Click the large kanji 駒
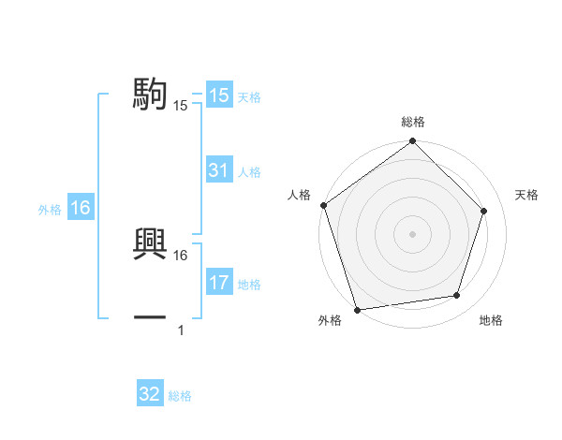(150, 94)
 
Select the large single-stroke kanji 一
(150, 317)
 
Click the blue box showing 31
(219, 170)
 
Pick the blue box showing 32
(150, 395)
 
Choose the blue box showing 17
(219, 283)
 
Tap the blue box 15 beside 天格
(219, 95)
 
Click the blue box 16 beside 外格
(81, 209)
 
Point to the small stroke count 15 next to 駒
(181, 106)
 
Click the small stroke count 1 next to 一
(181, 330)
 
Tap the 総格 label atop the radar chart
(413, 123)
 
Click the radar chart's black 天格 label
(527, 195)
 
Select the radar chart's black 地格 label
(491, 321)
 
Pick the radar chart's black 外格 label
(330, 321)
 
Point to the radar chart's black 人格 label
(300, 195)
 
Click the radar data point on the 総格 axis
(413, 142)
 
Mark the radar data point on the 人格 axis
(324, 205)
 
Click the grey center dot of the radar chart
(413, 233)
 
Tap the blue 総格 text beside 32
(181, 397)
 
